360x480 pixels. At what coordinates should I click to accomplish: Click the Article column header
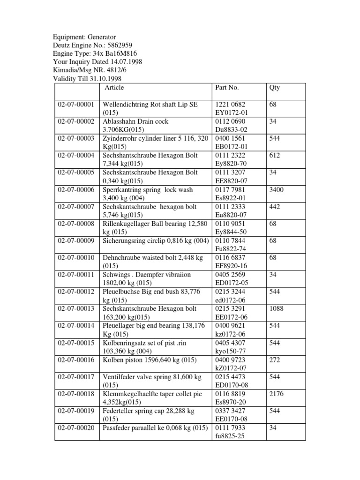coord(114,88)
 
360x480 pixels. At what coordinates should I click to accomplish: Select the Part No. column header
coord(227,88)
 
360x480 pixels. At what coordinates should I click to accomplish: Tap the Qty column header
coord(274,88)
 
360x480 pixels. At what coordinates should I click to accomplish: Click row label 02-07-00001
coord(76,105)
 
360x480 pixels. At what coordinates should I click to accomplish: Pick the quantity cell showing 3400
coord(277,190)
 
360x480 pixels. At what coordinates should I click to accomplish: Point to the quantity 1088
coord(277,309)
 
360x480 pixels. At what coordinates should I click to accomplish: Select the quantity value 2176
coord(277,394)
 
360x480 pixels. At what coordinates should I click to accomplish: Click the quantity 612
coord(274,156)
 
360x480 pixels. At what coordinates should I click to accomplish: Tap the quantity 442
coord(274,207)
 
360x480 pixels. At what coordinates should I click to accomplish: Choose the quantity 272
coord(274,360)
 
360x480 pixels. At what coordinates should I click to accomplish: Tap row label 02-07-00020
coord(76,428)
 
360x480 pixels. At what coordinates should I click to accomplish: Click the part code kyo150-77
coord(231,351)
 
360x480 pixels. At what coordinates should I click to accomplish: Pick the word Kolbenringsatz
coord(125,343)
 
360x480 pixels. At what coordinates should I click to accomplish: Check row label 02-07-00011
coord(76,275)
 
